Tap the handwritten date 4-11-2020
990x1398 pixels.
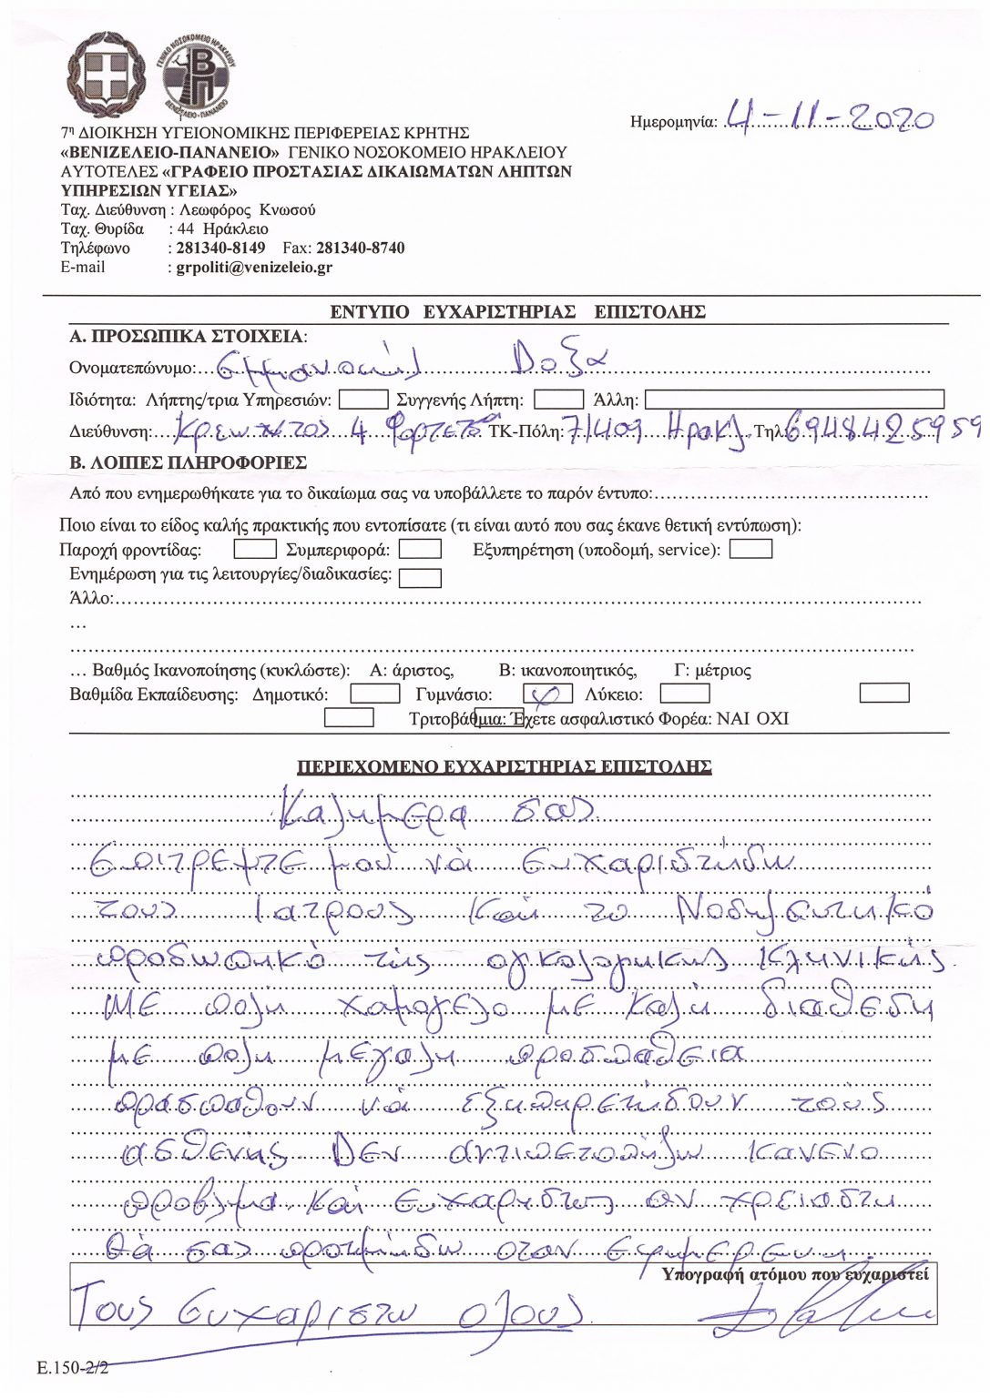[x=827, y=118]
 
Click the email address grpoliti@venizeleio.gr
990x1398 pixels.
[x=254, y=268]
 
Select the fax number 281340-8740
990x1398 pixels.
[x=360, y=248]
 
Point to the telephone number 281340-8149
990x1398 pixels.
[x=220, y=248]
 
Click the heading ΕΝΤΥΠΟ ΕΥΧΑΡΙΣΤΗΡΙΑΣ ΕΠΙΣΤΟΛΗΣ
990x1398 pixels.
[x=517, y=312]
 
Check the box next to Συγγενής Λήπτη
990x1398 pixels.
[x=558, y=400]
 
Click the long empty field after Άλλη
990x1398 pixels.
[x=794, y=400]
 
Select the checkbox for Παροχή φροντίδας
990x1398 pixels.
[x=255, y=549]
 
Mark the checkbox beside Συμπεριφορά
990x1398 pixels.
[x=420, y=549]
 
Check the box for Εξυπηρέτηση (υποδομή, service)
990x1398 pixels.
[x=751, y=549]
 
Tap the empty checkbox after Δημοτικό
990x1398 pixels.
[x=375, y=694]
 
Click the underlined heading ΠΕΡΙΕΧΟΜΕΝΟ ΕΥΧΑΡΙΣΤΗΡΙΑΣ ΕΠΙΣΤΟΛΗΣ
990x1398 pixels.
[x=505, y=767]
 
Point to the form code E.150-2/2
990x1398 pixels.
[x=73, y=1368]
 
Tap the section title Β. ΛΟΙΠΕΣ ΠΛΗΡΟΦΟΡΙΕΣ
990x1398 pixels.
[x=188, y=462]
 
